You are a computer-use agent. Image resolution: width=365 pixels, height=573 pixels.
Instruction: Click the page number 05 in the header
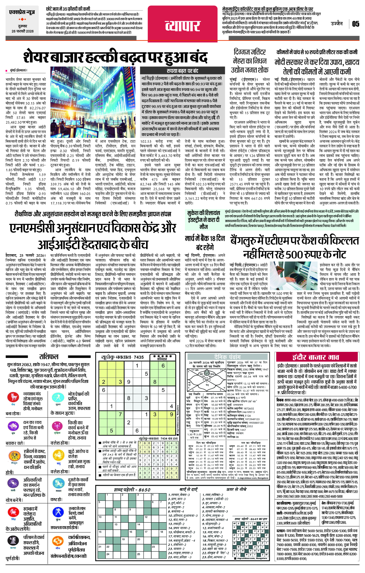(355, 24)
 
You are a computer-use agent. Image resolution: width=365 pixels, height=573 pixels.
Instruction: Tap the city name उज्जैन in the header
(337, 23)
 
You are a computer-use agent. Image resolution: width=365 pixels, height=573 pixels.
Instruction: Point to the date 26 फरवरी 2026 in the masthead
(23, 31)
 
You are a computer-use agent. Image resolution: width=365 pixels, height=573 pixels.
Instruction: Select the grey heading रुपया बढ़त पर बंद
(182, 71)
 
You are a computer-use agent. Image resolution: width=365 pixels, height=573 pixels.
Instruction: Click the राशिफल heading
(49, 357)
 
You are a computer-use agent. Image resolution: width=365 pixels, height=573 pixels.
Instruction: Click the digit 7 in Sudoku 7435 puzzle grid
(120, 414)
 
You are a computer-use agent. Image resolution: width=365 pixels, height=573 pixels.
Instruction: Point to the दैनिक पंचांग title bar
(227, 357)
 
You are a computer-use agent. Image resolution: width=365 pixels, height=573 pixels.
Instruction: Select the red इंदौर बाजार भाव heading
(316, 357)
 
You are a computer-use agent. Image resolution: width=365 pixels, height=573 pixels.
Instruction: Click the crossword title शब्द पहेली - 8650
(132, 490)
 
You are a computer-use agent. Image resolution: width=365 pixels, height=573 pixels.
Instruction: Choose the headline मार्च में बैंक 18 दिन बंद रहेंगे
(205, 242)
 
